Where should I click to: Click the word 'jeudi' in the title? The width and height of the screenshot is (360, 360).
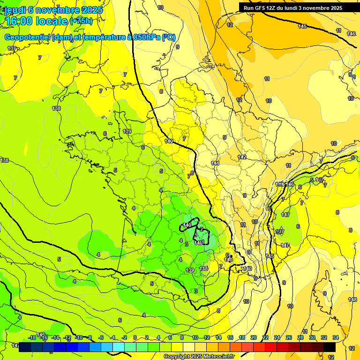[x=15, y=10]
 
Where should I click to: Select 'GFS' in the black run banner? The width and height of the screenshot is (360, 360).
[x=261, y=8]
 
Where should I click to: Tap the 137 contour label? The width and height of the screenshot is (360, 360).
[x=12, y=49]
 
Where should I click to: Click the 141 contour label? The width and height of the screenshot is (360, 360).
[x=215, y=163]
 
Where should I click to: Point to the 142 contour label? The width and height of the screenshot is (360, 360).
[x=242, y=157]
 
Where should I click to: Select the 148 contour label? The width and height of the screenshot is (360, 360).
[x=352, y=300]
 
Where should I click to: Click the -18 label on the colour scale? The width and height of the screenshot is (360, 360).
[x=32, y=337]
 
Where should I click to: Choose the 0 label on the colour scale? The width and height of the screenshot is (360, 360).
[x=135, y=337]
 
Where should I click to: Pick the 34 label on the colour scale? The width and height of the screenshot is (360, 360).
[x=335, y=337]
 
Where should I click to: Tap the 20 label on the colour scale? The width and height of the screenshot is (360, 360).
[x=253, y=337]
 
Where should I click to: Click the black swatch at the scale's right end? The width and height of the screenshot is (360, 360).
[x=330, y=347]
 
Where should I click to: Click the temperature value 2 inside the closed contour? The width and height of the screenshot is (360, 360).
[x=202, y=229]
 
